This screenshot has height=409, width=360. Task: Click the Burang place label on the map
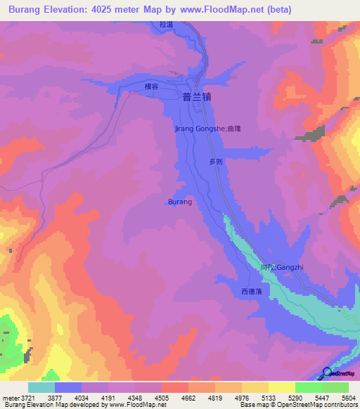[180, 202]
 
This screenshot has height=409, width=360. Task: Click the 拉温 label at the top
[166, 25]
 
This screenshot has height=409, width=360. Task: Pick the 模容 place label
[152, 86]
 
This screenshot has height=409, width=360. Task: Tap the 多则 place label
[216, 161]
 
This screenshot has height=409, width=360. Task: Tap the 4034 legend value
[80, 398]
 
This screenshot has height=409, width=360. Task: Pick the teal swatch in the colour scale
[41, 387]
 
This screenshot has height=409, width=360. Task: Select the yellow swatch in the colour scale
[281, 387]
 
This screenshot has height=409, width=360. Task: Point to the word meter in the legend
[9, 398]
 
